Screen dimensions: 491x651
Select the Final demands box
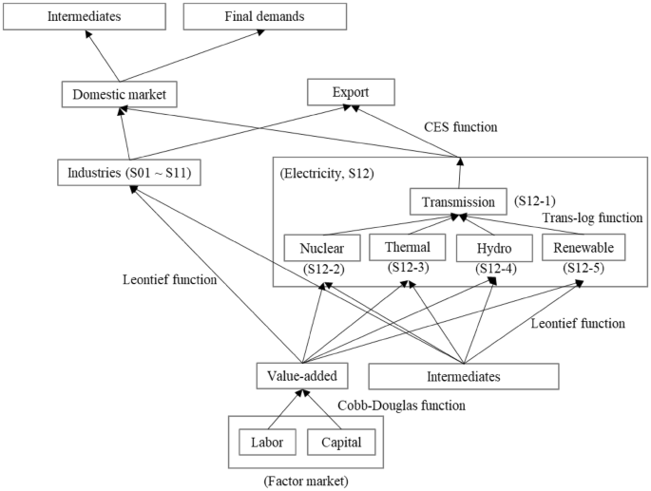coord(244,16)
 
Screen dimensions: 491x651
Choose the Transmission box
coord(459,201)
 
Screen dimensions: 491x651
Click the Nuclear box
coord(321,248)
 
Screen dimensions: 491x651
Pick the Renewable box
coord(583,247)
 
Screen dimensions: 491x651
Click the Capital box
coord(340,442)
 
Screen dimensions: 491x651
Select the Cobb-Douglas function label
coord(402,405)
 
